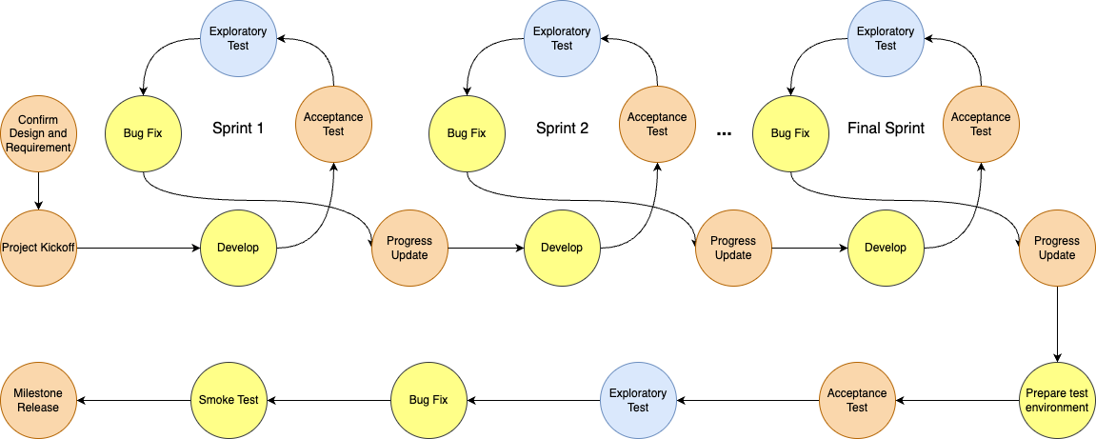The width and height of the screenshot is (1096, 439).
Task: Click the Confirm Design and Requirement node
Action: coord(38,133)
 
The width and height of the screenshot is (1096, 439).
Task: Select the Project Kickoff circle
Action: coord(38,248)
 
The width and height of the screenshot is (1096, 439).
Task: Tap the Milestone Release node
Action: coord(38,401)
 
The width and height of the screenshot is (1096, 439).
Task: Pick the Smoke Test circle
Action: coord(229,401)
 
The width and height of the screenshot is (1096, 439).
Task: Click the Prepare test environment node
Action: coord(1057,401)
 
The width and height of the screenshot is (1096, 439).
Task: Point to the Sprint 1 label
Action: coord(238,129)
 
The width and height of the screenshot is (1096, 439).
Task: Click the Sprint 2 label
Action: coord(562,129)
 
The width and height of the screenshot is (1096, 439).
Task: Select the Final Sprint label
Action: coord(886,129)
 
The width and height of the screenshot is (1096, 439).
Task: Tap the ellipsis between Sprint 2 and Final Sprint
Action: coord(724,132)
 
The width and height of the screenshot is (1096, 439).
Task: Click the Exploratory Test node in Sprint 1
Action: coord(238,38)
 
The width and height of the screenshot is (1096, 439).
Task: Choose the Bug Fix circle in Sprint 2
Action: coord(467,132)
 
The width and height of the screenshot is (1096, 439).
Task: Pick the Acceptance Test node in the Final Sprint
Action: coord(981,124)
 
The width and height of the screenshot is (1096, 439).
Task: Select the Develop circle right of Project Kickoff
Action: coord(238,248)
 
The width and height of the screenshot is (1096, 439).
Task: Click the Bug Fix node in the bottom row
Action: coord(428,401)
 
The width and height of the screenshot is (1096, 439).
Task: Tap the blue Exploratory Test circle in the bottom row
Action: coord(638,401)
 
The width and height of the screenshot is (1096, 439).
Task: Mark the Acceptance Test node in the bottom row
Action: coord(857,401)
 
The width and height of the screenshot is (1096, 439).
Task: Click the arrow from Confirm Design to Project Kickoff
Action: coord(38,190)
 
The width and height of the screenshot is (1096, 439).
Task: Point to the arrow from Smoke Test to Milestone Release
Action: coord(133,401)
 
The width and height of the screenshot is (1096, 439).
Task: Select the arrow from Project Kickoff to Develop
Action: coord(138,248)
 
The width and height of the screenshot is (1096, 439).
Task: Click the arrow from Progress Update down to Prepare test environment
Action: coord(1057,325)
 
